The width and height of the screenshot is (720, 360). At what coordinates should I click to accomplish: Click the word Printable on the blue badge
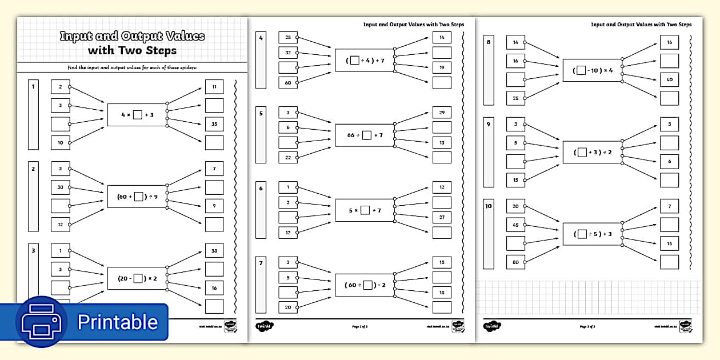pos(118,322)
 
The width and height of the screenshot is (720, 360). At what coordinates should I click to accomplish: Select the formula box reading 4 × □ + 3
pos(137,115)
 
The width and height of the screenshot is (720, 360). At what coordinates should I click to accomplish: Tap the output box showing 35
pos(214,123)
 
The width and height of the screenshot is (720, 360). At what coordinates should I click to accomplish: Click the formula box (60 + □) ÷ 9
pos(137,197)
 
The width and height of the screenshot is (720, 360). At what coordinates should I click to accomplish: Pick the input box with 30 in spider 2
pos(60,187)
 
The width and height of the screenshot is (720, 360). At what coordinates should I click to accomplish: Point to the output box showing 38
pos(214,250)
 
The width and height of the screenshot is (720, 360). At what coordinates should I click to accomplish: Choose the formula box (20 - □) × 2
pos(137,278)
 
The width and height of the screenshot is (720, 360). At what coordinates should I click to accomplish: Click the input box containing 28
pos(288,38)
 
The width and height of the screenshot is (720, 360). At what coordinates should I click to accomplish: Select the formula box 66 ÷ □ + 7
pos(365,135)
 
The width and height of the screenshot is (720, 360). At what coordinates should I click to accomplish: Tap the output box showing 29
pos(442,113)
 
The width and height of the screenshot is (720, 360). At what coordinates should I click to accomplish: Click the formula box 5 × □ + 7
pos(365,210)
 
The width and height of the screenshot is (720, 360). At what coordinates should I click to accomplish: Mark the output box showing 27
pos(442,218)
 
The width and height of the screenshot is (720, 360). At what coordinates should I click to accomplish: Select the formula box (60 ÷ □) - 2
pos(365,285)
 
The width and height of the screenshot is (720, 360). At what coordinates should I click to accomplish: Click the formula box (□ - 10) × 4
pos(592,70)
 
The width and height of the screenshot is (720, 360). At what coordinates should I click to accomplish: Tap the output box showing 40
pos(669,79)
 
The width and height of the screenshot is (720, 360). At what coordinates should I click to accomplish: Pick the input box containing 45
pos(515,225)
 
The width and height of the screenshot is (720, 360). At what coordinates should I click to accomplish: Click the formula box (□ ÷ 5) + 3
pos(592,234)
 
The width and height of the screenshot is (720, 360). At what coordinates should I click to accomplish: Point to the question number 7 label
pos(261,263)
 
